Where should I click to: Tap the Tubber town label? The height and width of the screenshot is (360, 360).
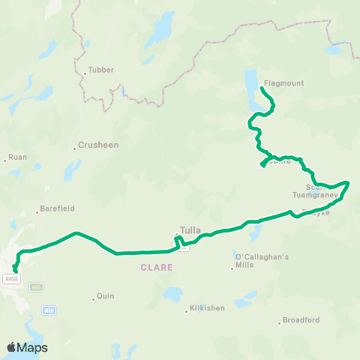[x=100, y=70]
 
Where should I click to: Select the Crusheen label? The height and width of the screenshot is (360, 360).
[x=99, y=145]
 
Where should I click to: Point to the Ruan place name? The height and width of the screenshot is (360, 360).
[x=17, y=158]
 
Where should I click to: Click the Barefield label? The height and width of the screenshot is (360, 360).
[x=58, y=208]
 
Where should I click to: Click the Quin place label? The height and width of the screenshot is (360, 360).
[x=105, y=296]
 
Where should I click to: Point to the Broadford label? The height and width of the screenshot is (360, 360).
[x=301, y=320]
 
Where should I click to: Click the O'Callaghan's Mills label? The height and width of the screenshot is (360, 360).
[x=251, y=261]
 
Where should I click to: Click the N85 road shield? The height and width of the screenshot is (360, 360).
[x=35, y=287]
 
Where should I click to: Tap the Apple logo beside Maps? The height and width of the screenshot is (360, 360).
[x=11, y=347]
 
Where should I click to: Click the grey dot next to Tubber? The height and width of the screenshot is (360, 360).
[x=85, y=73]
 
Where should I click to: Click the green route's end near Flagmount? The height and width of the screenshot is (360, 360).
[x=261, y=89]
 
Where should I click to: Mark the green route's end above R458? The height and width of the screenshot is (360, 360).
[x=15, y=270]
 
